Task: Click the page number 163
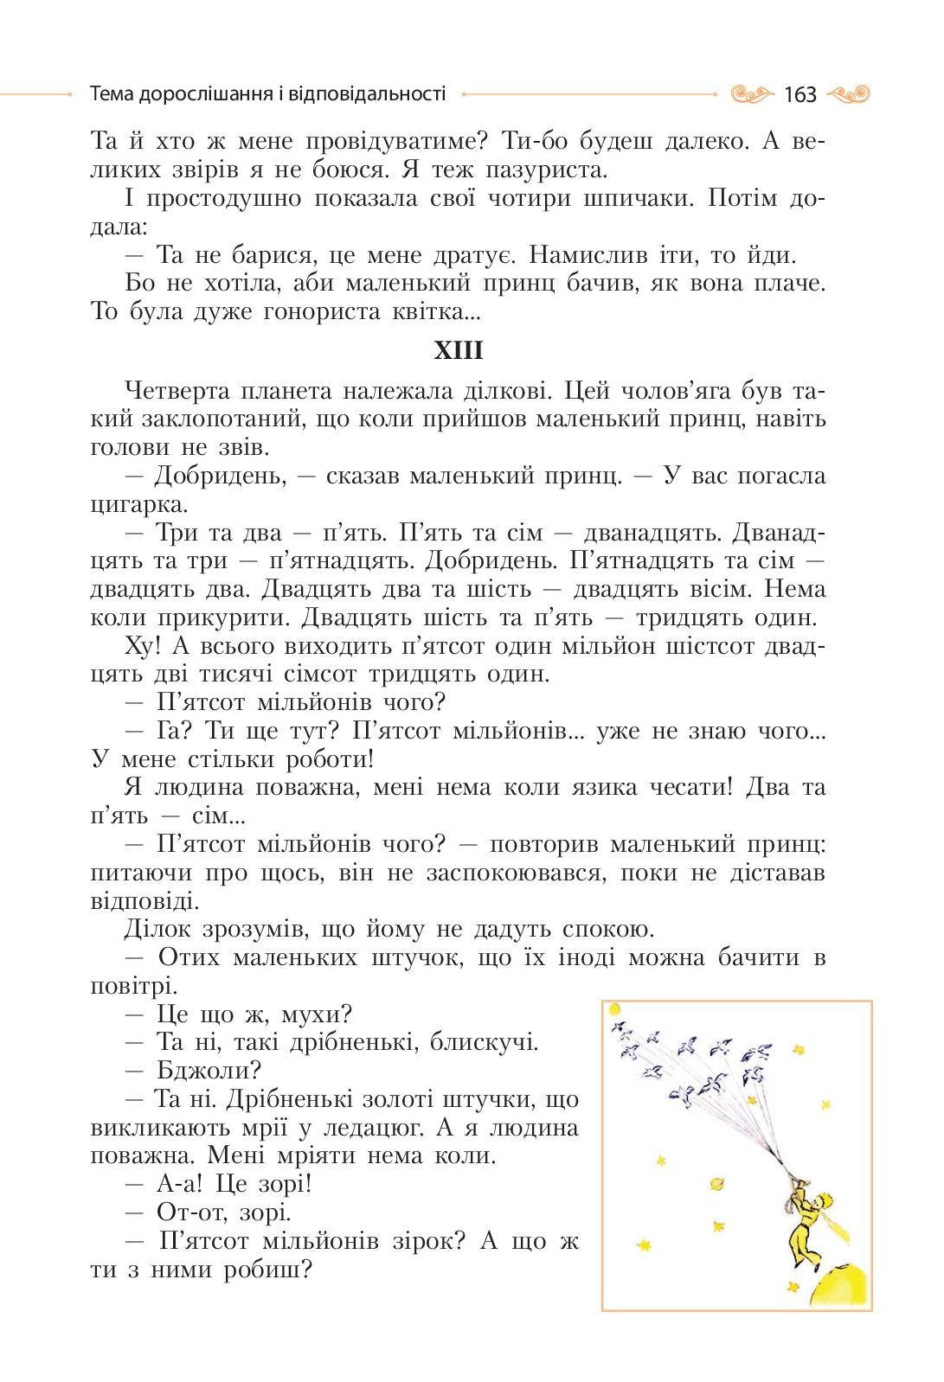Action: coord(800,94)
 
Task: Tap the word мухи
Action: coord(313,1014)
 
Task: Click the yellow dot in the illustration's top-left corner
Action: coord(615,1009)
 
